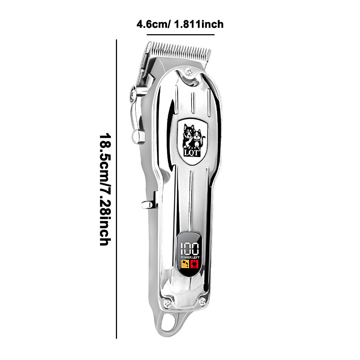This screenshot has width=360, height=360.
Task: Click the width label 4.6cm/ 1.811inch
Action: (180, 24)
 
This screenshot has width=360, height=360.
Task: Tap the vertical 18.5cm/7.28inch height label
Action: (105, 190)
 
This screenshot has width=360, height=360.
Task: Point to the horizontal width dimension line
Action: (180, 35)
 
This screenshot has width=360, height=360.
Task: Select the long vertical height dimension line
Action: (116, 189)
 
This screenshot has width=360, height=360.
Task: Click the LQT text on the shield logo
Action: (191, 153)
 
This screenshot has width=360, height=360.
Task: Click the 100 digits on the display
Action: (190, 249)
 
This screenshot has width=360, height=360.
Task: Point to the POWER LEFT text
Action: (190, 258)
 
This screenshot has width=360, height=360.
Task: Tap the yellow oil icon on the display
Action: (185, 264)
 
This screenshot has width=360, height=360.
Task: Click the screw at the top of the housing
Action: (189, 72)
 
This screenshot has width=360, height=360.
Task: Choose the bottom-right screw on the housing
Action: (202, 301)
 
